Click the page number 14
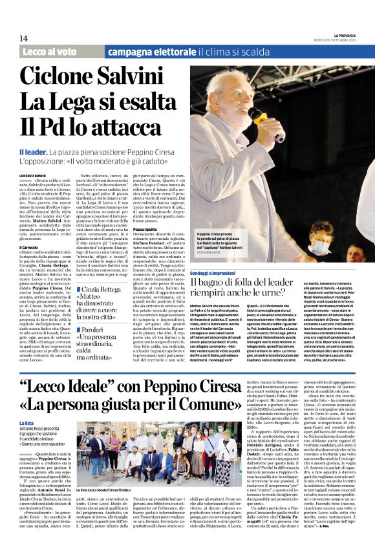point(23,39)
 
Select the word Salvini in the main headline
point(145,78)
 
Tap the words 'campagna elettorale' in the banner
point(144,52)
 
